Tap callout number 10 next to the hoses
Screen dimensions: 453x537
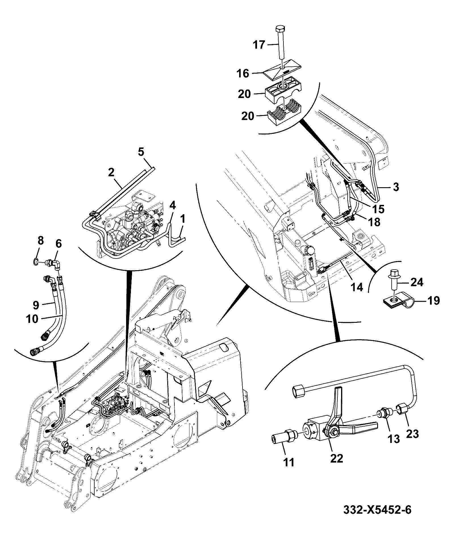click(x=32, y=319)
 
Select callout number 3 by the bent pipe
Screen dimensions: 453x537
click(x=396, y=187)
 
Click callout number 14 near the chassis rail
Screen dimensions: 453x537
click(x=356, y=287)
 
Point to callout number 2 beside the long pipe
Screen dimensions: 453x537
click(x=111, y=172)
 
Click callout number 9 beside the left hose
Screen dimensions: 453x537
click(x=36, y=305)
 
